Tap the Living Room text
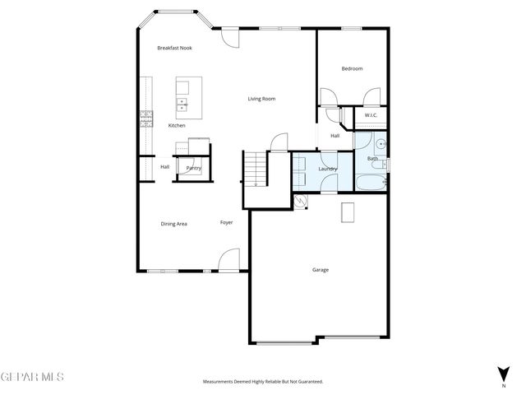pyautogui.click(x=261, y=99)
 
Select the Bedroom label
pyautogui.click(x=352, y=68)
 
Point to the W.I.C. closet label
pyautogui.click(x=371, y=116)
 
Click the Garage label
pyautogui.click(x=321, y=269)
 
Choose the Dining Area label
pyautogui.click(x=173, y=223)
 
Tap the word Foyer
pyautogui.click(x=226, y=222)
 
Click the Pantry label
pyautogui.click(x=194, y=168)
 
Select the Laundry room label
pyautogui.click(x=328, y=169)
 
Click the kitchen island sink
pyautogui.click(x=181, y=105)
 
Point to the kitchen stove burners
pyautogui.click(x=146, y=118)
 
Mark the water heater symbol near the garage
pyautogui.click(x=300, y=200)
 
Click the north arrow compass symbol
pyautogui.click(x=503, y=375)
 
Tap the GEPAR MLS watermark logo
pyautogui.click(x=31, y=377)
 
